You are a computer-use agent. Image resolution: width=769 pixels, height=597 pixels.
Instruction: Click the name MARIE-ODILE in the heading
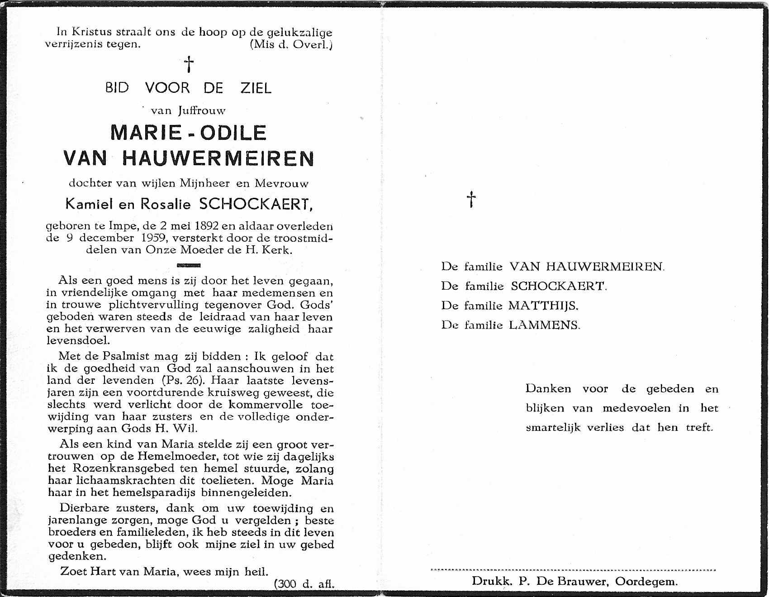pyautogui.click(x=188, y=132)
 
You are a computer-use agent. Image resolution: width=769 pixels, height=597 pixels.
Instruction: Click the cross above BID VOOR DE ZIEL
pyautogui.click(x=189, y=65)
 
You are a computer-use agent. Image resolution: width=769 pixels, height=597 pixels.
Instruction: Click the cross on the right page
pyautogui.click(x=471, y=199)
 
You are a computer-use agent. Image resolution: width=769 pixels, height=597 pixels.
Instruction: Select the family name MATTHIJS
pyautogui.click(x=543, y=306)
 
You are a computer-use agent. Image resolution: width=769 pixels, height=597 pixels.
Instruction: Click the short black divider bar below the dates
pyautogui.click(x=189, y=265)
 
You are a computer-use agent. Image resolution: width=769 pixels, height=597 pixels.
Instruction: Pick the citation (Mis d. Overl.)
pyautogui.click(x=291, y=44)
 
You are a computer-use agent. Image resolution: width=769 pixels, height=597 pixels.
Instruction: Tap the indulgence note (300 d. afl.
pyautogui.click(x=304, y=584)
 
